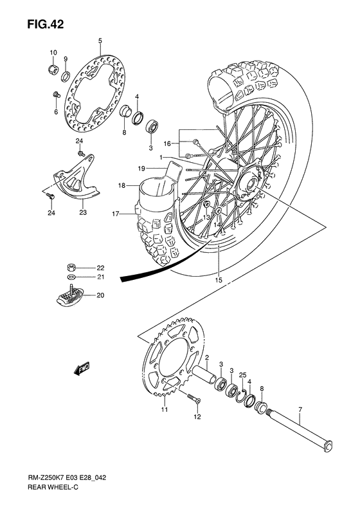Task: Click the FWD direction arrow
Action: point(82,369)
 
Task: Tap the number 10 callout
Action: point(53,52)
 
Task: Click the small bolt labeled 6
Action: point(56,95)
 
